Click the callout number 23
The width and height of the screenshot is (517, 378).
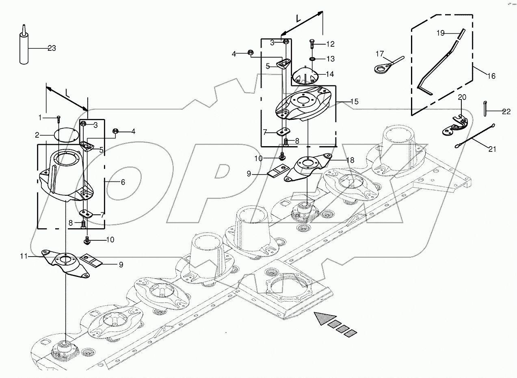click(x=52, y=48)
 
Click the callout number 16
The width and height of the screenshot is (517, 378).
click(x=491, y=76)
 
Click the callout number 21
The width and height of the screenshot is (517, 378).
click(x=492, y=149)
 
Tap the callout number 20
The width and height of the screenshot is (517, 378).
click(x=463, y=97)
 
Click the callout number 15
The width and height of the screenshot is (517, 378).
click(x=354, y=102)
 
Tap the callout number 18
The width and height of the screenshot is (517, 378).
click(x=350, y=160)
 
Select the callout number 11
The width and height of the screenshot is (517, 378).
click(x=24, y=256)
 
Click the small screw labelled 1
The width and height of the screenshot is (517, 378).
click(x=59, y=119)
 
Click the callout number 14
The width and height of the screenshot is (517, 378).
click(x=330, y=74)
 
